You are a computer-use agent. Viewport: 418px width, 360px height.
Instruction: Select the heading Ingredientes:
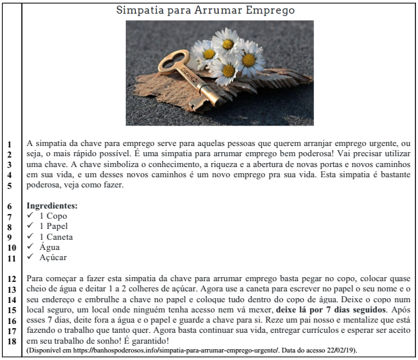(52, 205)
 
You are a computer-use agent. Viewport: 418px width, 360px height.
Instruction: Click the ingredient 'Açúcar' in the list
(54, 258)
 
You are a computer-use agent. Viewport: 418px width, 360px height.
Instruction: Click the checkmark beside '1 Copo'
(30, 215)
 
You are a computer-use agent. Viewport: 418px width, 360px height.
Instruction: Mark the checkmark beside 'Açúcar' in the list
(30, 258)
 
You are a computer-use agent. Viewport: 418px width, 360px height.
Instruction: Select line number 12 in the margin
(11, 279)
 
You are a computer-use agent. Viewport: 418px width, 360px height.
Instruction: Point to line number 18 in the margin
(11, 341)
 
